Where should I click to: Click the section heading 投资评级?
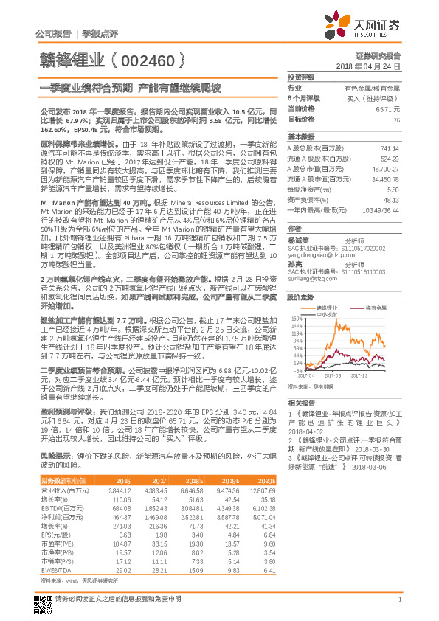301,77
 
